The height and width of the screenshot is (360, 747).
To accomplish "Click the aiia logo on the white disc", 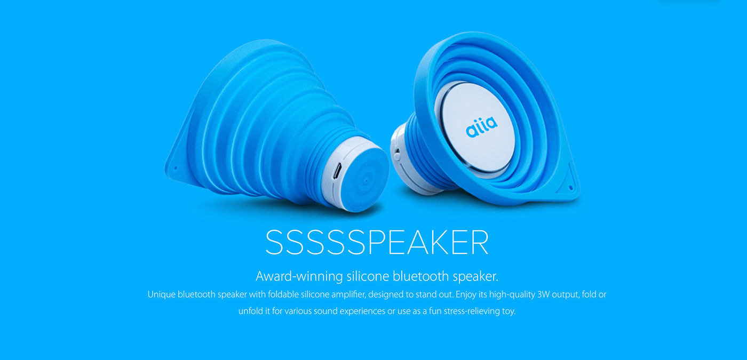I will [481, 126].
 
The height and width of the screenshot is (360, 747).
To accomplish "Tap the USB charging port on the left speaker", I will [338, 173].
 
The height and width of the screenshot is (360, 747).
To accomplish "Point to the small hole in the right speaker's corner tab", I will [571, 187].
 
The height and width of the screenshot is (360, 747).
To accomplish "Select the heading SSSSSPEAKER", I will [377, 243].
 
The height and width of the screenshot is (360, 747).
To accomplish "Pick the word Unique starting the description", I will [161, 294].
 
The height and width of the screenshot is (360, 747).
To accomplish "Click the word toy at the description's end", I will [509, 311].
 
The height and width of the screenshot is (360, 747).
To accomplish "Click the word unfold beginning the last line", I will [250, 311].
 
